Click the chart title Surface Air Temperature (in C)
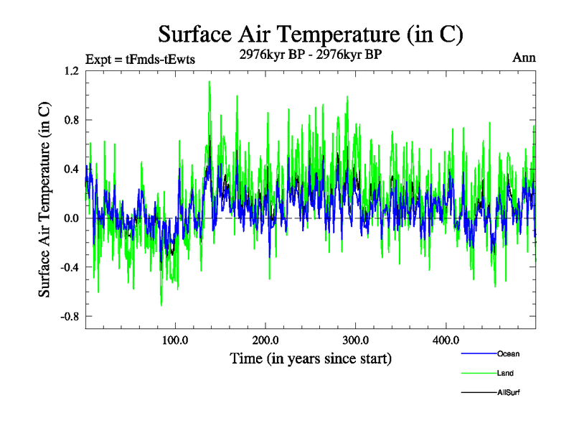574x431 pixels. click(x=310, y=34)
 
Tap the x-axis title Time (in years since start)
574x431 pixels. click(x=311, y=357)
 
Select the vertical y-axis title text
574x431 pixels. click(x=44, y=199)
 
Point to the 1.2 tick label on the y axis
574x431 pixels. click(x=71, y=71)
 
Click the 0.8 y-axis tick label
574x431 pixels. click(x=71, y=120)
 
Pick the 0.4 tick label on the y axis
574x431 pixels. click(x=71, y=170)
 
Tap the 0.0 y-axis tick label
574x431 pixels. click(x=71, y=218)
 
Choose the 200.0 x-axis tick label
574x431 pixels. click(x=265, y=340)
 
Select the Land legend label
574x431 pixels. click(x=505, y=373)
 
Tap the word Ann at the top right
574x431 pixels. click(x=524, y=58)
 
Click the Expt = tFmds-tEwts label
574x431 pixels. click(x=140, y=59)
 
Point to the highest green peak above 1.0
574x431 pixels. click(x=209, y=82)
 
